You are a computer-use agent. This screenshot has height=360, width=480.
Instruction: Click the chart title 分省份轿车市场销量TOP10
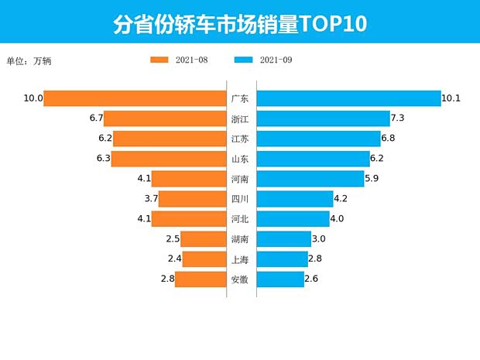239,24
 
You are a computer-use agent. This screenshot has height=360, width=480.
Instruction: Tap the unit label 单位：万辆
32,60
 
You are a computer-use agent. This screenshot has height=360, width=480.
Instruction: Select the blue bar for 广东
348,98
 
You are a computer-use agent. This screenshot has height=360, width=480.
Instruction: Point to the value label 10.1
451,98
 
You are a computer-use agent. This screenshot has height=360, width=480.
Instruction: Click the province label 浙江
240,118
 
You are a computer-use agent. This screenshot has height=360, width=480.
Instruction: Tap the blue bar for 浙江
323,118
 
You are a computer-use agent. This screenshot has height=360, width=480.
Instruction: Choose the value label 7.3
399,118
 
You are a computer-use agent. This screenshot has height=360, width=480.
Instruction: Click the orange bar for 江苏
170,139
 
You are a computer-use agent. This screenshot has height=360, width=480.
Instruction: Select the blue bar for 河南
310,179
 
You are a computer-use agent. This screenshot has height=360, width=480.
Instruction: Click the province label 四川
240,199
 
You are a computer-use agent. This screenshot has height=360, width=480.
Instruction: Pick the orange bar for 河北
188,219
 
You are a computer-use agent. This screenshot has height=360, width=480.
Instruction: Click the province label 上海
240,259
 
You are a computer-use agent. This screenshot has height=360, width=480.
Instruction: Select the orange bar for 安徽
201,279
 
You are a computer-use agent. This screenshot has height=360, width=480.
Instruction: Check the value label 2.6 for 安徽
311,279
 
